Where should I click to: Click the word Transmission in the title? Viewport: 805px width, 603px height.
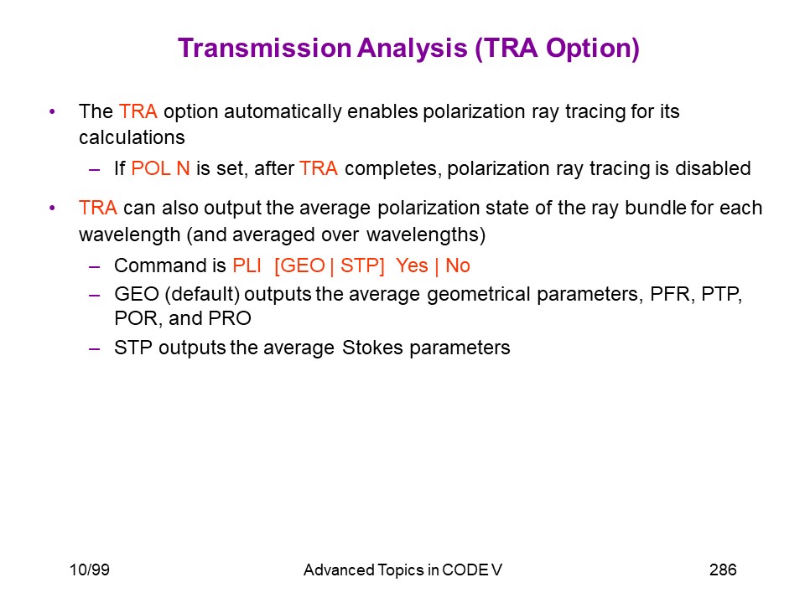(x=264, y=49)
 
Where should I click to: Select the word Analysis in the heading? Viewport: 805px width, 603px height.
(x=413, y=49)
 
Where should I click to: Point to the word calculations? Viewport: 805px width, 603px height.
(x=132, y=137)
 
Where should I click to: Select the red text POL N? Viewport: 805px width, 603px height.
(x=160, y=168)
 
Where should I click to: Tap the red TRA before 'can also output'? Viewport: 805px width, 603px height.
(x=98, y=208)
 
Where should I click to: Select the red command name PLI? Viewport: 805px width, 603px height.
(x=247, y=265)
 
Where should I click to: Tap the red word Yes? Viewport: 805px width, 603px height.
(x=412, y=265)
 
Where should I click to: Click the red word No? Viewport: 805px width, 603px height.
(x=458, y=265)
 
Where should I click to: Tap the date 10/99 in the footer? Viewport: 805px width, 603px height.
(x=90, y=569)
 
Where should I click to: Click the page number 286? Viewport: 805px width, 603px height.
(x=723, y=569)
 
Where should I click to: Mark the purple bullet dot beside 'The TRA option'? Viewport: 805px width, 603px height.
(x=52, y=111)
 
